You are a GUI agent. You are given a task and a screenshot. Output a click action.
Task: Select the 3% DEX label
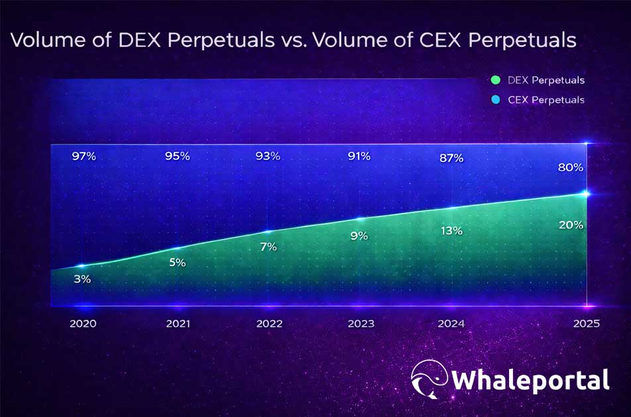coord(82,279)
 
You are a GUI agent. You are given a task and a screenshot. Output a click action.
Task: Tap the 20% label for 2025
coord(571,225)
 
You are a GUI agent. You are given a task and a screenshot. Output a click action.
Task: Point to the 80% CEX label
coord(571,167)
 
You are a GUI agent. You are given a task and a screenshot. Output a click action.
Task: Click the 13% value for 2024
coord(451,230)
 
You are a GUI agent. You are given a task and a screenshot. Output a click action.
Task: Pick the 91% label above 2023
coord(359,156)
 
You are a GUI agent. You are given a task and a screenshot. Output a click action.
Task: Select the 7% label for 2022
coord(268,246)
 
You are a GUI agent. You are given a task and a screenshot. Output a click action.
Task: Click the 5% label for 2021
coord(177,262)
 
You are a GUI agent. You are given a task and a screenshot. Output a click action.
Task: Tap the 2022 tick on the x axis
coord(268,324)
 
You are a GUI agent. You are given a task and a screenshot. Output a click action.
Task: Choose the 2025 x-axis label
coord(587,324)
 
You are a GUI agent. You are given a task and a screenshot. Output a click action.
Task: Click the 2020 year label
coord(83,324)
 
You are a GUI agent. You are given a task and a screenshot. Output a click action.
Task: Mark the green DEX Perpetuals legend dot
coord(494,80)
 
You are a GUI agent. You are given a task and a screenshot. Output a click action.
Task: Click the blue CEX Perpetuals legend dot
coord(494,99)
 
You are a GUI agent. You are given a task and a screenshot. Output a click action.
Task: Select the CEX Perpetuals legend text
coord(545,100)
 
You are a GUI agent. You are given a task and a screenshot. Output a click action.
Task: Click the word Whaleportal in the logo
coord(530,381)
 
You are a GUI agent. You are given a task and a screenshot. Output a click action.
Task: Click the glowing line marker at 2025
coord(585,193)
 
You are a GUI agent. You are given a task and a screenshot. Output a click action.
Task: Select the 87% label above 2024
coord(451,158)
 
